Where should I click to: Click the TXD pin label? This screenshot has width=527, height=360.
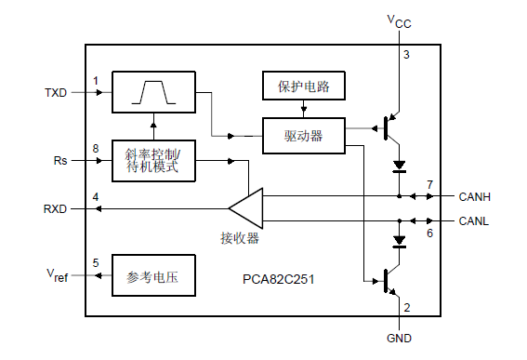(56, 93)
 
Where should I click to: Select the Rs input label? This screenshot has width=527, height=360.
(60, 160)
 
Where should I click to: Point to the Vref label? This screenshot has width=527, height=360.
(57, 276)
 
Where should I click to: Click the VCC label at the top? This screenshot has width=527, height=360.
(399, 20)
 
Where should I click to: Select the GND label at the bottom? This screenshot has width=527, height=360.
(399, 338)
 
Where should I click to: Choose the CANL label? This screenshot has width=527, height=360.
(476, 221)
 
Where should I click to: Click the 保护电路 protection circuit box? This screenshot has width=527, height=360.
(303, 88)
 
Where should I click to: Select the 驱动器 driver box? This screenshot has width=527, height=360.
(303, 136)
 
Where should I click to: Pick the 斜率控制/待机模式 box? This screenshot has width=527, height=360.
(153, 160)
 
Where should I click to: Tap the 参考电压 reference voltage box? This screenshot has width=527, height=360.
(153, 276)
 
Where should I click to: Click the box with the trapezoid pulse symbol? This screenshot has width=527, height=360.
(153, 93)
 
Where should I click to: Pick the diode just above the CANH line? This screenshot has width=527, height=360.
(400, 167)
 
